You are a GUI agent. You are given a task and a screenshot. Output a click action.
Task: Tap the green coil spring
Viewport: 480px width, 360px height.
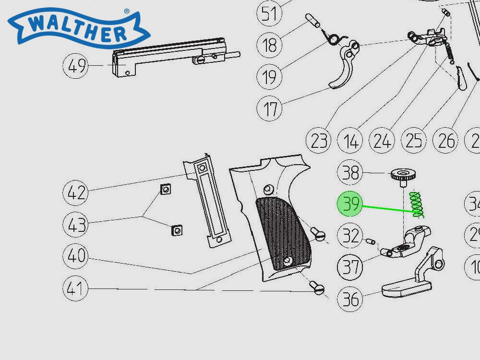pos(417,204)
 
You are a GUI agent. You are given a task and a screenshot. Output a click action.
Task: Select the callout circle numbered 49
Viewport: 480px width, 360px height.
pos(77,66)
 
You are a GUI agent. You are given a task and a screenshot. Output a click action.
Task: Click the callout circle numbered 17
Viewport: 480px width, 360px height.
pos(271,109)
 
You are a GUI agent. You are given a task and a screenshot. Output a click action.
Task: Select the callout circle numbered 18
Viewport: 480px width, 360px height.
pos(270,46)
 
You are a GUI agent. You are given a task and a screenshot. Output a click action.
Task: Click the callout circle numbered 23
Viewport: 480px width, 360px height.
pos(319,141)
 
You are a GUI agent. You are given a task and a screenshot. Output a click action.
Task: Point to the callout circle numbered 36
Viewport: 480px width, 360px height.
pos(351,299)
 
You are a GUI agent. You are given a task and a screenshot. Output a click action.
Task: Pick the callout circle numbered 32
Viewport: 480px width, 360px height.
pos(351,236)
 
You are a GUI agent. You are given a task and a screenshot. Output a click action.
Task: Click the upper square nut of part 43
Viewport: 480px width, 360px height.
pos(165,190)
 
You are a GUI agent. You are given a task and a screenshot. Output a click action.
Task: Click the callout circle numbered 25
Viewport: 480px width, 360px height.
pos(414,141)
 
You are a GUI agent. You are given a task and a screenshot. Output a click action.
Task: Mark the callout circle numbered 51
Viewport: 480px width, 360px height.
pos(270,13)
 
